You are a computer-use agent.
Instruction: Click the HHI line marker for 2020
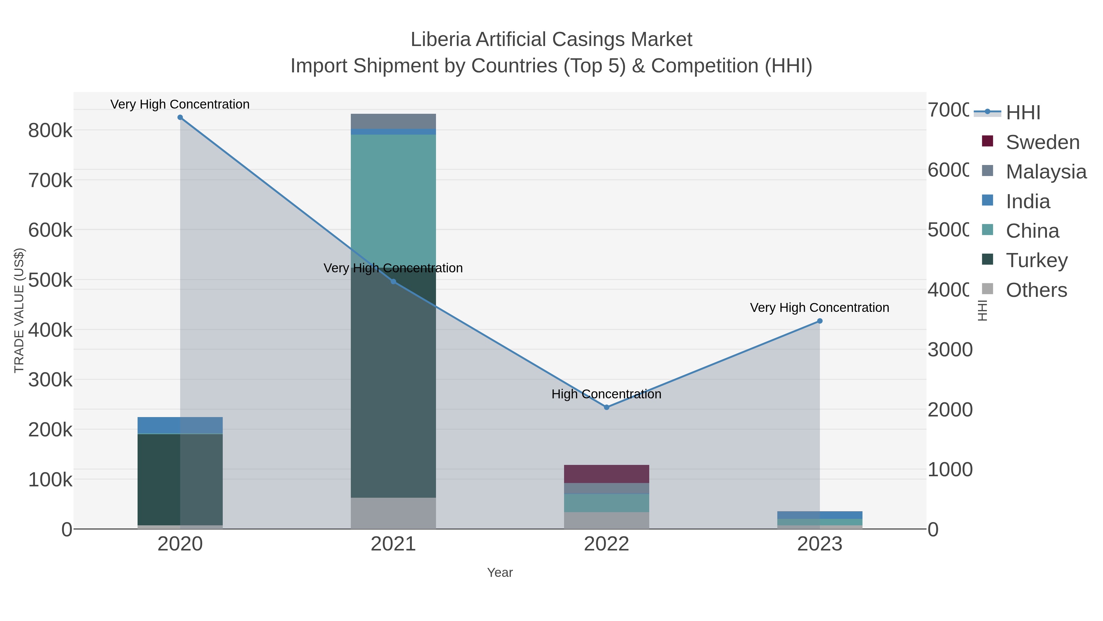pos(180,117)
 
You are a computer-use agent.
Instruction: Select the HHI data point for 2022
pos(606,407)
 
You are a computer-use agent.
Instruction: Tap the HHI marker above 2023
pos(820,321)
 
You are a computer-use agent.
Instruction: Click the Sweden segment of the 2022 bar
pos(606,474)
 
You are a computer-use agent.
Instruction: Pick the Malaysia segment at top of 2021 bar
pos(393,121)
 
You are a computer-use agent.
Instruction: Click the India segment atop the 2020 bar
pos(180,425)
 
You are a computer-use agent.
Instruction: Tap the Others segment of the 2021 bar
pos(393,513)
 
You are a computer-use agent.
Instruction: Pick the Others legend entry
pos(1036,290)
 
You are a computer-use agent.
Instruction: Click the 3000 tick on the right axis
pos(950,350)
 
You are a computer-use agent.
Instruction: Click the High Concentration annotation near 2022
pos(606,394)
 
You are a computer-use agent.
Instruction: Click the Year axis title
pos(500,573)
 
